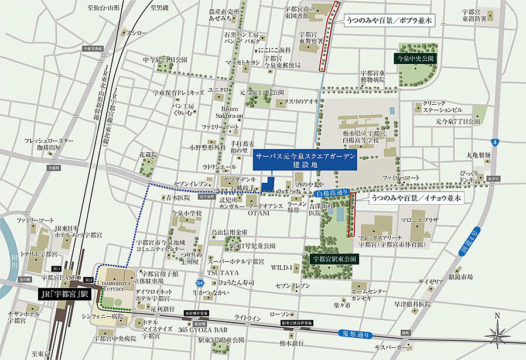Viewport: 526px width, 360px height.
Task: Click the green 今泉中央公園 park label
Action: (414, 59)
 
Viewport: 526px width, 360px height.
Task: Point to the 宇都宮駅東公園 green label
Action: (333, 257)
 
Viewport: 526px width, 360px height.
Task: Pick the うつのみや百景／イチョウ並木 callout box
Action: (416, 199)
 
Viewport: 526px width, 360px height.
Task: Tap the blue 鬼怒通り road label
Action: (356, 335)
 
